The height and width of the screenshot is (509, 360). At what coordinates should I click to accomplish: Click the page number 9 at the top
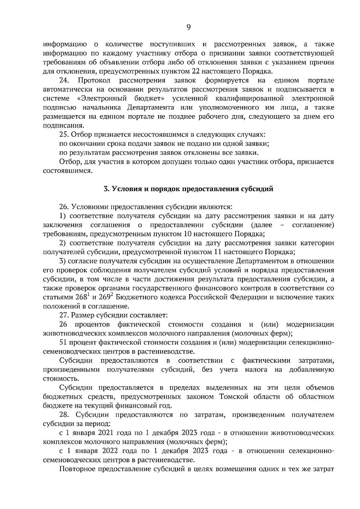(188, 27)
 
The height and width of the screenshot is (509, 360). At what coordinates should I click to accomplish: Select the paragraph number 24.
(64, 81)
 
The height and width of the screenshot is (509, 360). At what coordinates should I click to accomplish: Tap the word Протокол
(94, 81)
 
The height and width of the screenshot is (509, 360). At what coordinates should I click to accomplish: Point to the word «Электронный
(102, 99)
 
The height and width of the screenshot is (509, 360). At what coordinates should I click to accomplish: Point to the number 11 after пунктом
(220, 252)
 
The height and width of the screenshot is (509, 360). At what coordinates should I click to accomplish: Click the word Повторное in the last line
(75, 469)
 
